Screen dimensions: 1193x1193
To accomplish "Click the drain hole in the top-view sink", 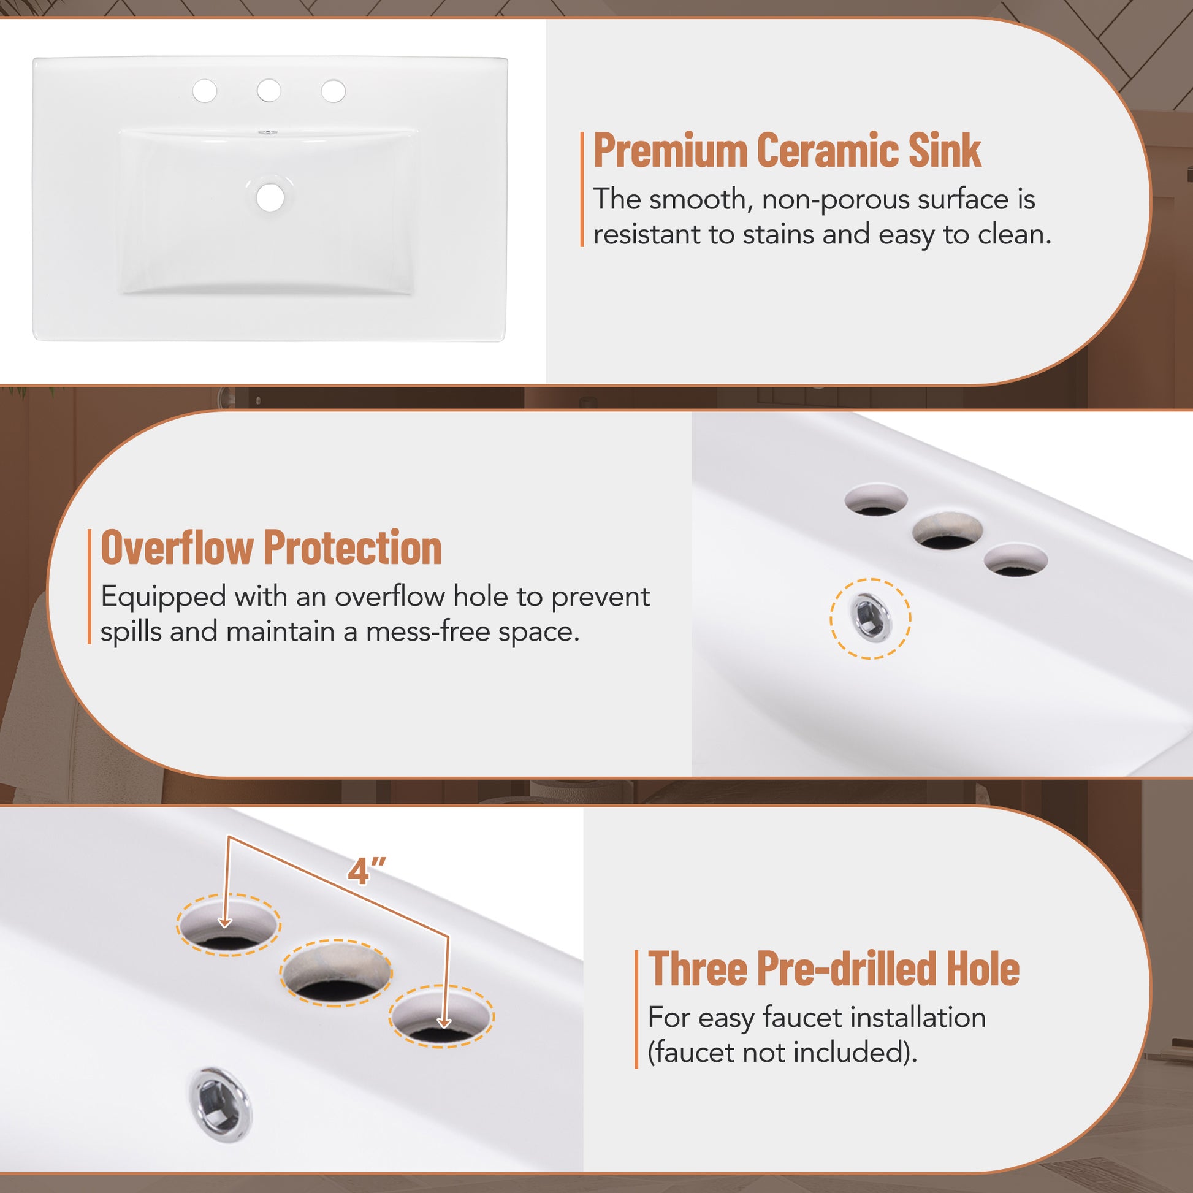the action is tap(270, 197).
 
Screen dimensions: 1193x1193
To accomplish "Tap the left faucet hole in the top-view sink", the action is tap(204, 91).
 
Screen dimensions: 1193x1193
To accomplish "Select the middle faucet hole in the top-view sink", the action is tap(269, 91).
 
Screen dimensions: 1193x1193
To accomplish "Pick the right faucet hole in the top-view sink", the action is tap(334, 91).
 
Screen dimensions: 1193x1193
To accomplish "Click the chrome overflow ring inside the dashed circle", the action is tap(870, 618).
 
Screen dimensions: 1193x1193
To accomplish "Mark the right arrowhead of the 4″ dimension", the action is tap(444, 1022).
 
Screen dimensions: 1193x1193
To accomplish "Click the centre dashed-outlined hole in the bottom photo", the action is tap(337, 974).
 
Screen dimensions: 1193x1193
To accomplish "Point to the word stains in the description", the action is tap(778, 235).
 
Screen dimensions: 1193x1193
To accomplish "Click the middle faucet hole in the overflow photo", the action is tap(948, 529).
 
